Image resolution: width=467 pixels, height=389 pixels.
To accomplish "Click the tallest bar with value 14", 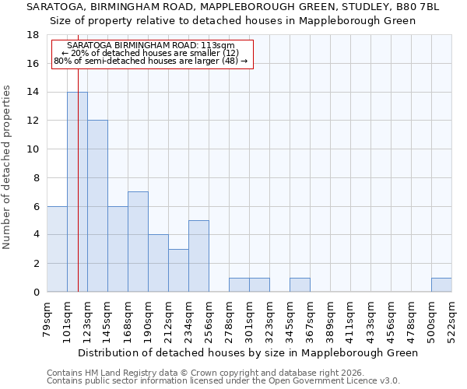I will click(77, 192).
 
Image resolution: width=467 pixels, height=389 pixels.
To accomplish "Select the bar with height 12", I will click(97, 206).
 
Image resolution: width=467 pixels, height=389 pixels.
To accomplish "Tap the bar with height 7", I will click(138, 242).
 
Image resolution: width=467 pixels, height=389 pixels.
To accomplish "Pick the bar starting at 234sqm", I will click(198, 256).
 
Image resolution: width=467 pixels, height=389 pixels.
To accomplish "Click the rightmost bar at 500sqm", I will click(441, 285).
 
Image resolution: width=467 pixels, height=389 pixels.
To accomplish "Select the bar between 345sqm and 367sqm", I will click(300, 285).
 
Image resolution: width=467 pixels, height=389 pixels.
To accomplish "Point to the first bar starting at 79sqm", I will click(57, 249).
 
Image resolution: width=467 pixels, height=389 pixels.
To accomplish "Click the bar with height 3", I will click(178, 271).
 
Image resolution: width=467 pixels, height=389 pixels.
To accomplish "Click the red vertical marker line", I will click(78, 156).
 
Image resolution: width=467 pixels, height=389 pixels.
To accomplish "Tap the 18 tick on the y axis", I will click(33, 35).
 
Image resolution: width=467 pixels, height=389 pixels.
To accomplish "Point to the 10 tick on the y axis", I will click(33, 149).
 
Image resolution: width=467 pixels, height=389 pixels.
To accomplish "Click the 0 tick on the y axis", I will click(36, 293).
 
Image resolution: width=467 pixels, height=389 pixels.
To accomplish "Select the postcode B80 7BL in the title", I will click(416, 6).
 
